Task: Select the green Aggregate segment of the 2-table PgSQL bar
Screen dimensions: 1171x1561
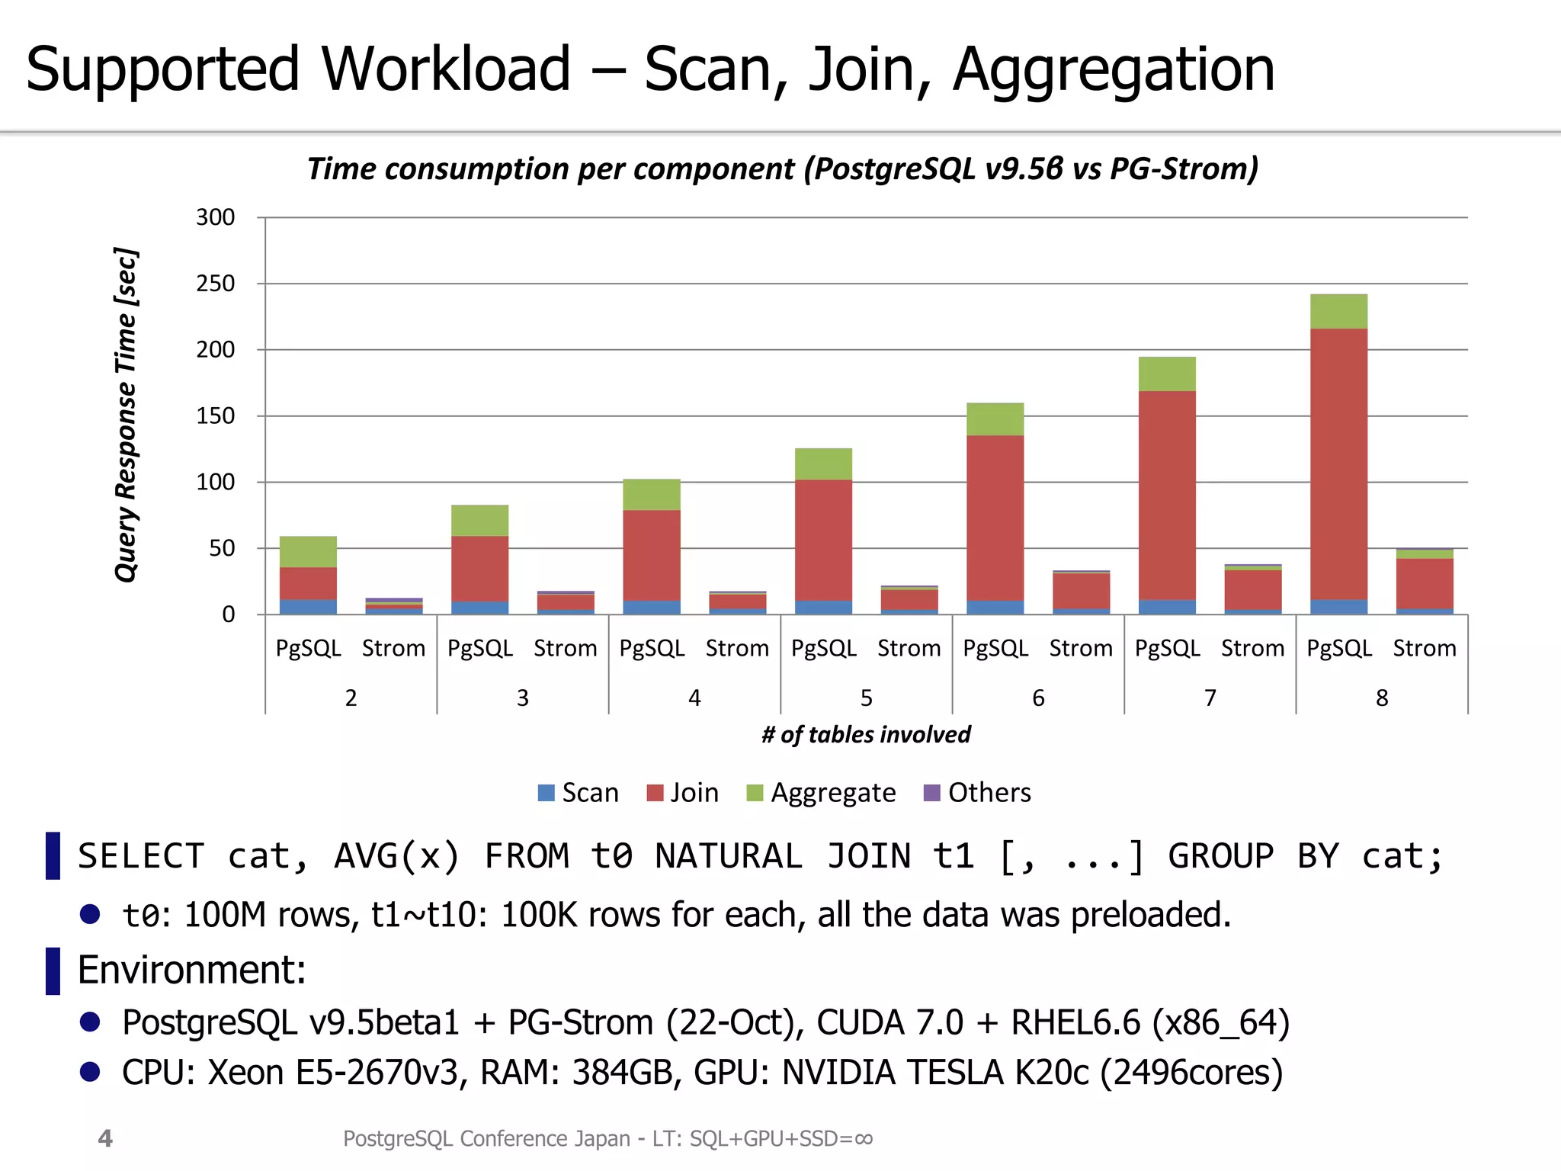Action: point(308,551)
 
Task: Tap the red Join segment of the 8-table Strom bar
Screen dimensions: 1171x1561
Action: point(1424,583)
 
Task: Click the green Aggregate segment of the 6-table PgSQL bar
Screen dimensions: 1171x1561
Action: point(995,419)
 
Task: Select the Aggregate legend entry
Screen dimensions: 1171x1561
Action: point(821,793)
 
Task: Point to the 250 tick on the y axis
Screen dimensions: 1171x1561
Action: point(215,284)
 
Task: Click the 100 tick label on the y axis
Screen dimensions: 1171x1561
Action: point(215,482)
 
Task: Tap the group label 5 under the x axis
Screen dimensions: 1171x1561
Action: point(866,698)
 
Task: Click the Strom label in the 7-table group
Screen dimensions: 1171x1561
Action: point(1252,648)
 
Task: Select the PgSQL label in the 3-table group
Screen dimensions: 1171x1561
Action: point(479,648)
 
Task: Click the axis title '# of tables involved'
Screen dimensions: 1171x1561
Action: point(866,734)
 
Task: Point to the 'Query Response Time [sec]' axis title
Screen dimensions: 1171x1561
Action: point(127,415)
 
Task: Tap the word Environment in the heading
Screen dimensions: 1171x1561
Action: point(191,970)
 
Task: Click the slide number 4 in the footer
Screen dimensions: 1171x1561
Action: point(105,1138)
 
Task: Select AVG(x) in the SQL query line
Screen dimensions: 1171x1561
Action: point(397,856)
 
